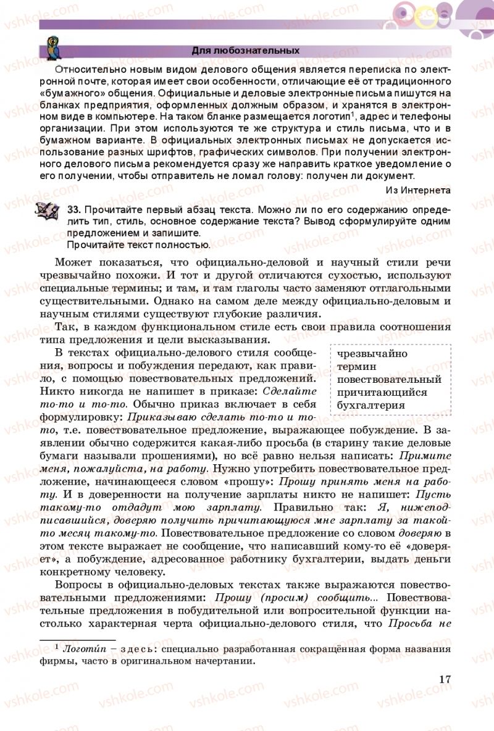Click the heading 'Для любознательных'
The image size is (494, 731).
[x=246, y=51]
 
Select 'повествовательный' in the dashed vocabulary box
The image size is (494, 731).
[x=389, y=380]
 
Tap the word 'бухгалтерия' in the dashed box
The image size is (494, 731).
[x=372, y=406]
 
